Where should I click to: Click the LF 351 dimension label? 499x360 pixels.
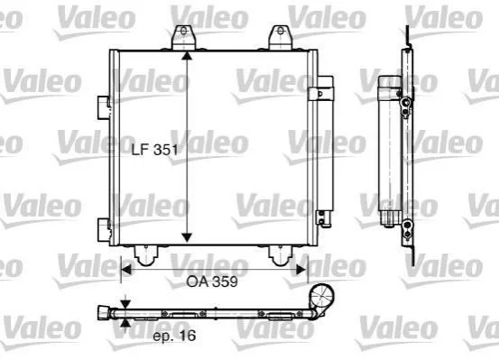(155, 149)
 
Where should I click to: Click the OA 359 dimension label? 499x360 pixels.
(212, 282)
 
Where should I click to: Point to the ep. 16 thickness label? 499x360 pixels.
(174, 336)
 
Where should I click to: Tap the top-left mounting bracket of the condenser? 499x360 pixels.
(183, 38)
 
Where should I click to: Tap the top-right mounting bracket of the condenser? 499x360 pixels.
(281, 38)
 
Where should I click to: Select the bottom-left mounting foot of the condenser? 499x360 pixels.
(146, 255)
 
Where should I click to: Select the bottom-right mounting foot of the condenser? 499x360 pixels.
(281, 255)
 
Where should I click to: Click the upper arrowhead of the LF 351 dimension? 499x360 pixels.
(187, 55)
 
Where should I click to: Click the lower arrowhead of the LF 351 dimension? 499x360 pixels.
(187, 237)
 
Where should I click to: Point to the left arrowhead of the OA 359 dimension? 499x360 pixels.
(126, 270)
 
